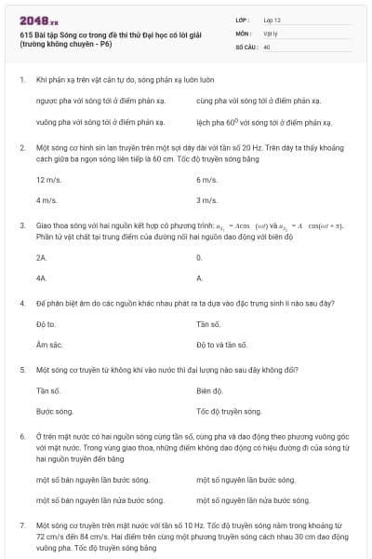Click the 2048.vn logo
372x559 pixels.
coord(37,19)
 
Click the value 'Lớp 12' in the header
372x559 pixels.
coord(272,20)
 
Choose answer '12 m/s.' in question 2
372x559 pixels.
coord(48,180)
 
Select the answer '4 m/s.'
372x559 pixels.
coord(46,200)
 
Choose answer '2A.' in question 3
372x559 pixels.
coord(42,256)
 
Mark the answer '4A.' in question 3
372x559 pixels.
coord(42,277)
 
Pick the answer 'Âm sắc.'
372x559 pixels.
coord(48,344)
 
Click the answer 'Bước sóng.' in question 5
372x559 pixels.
coord(54,411)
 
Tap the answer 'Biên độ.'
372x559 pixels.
coord(210,390)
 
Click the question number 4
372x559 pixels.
coord(22,304)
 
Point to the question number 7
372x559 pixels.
coord(22,525)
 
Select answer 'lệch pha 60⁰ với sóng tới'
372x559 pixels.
coord(259,122)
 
